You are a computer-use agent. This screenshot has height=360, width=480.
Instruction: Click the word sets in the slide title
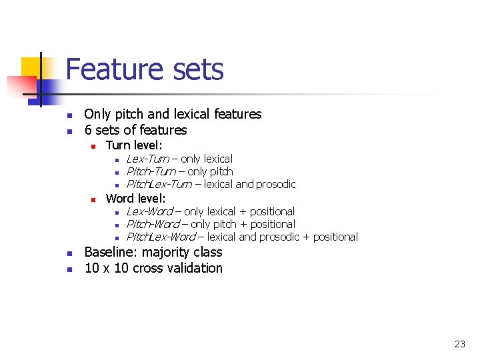pos(197,70)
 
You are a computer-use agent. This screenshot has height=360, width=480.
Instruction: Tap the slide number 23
pos(459,344)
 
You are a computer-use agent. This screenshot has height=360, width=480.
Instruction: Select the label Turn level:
pos(135,145)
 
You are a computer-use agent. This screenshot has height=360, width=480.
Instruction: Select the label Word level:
pos(136,198)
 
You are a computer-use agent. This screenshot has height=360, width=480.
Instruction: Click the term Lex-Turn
pos(147,159)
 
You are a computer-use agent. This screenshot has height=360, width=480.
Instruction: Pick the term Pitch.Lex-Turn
pos(159,184)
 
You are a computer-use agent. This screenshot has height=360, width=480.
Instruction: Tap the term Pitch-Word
pos(153,224)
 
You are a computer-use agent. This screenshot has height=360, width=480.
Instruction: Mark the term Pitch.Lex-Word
pos(161,237)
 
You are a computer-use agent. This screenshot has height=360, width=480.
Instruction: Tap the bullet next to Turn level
pos(93,146)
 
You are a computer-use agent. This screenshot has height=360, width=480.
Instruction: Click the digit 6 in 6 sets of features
pos(88,130)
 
